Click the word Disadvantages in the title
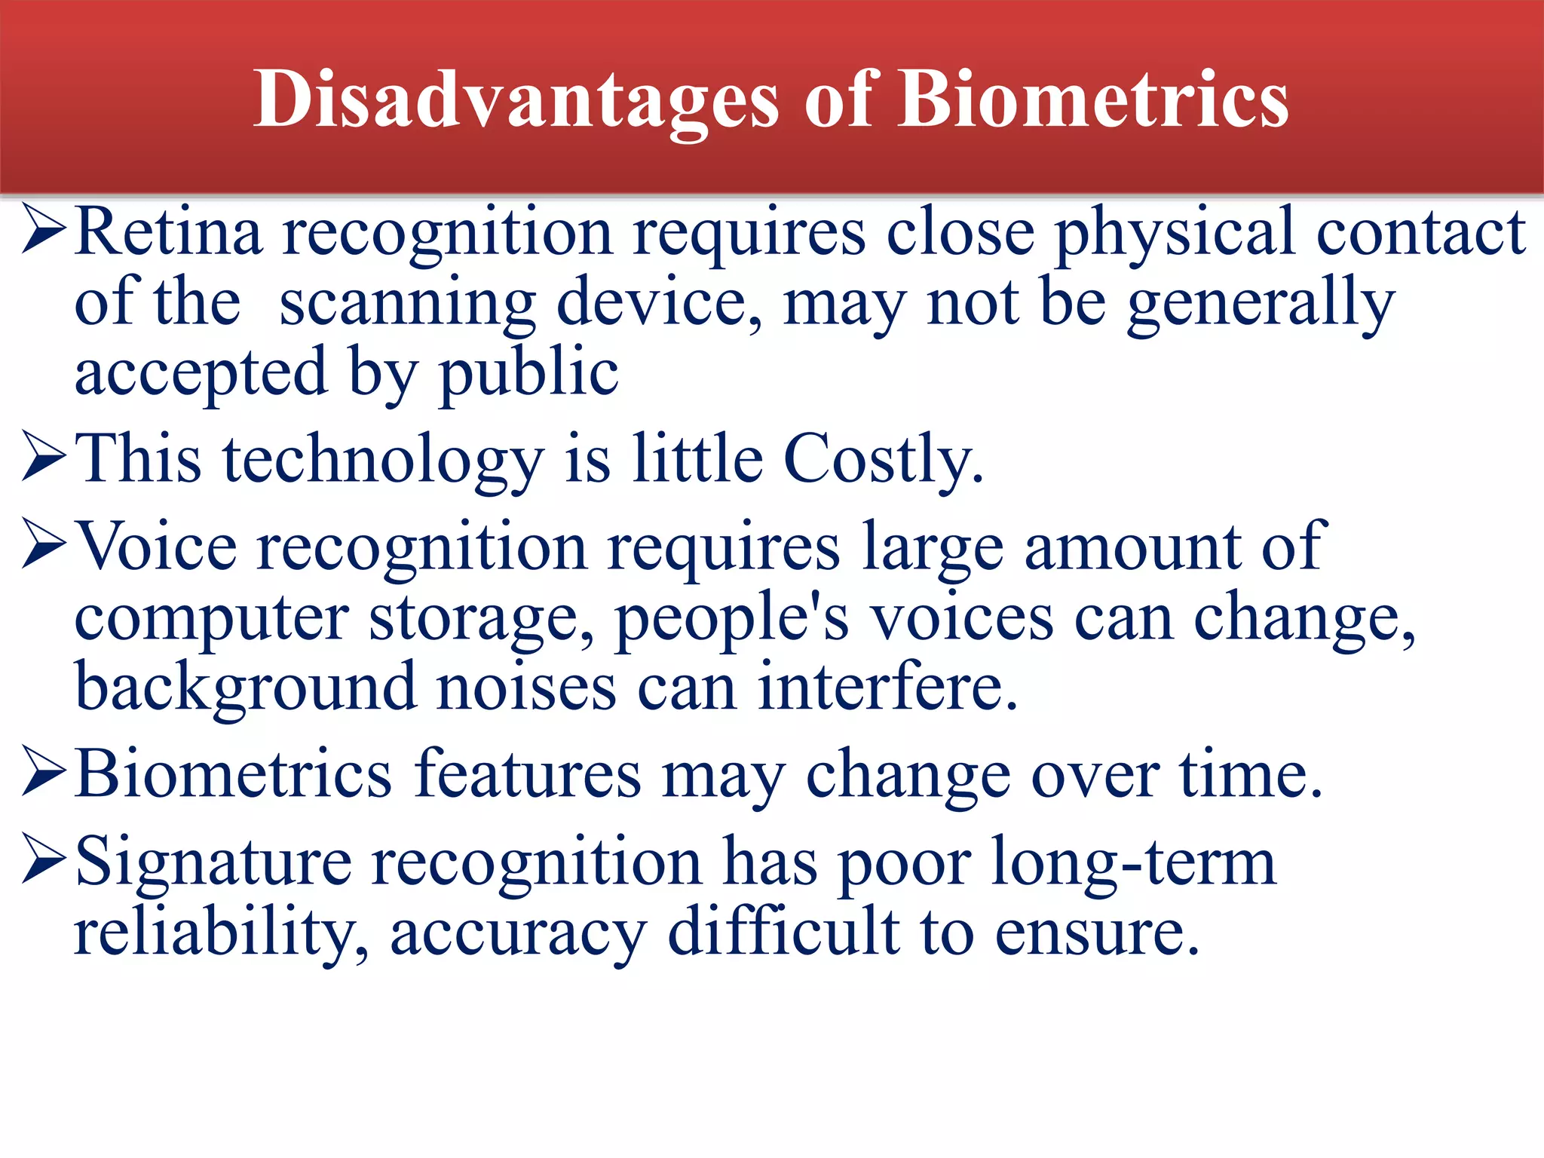(x=516, y=100)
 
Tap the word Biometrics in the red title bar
(x=1093, y=100)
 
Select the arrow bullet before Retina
(x=45, y=230)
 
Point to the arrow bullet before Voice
(x=45, y=545)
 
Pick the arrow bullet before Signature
(x=45, y=859)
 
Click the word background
(x=246, y=688)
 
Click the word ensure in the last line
(x=1096, y=933)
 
